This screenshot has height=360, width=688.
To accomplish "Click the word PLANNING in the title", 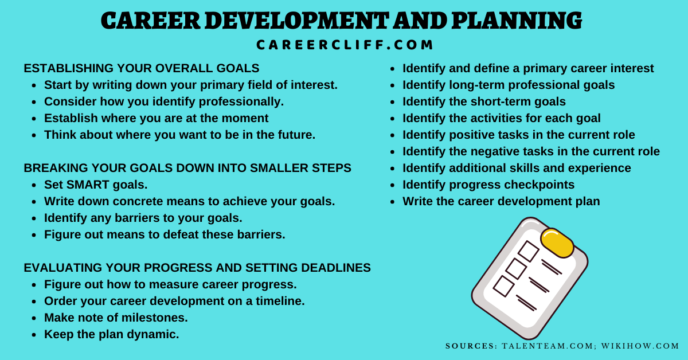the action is (x=517, y=21).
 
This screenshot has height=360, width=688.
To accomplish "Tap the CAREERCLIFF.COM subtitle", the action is (x=345, y=45).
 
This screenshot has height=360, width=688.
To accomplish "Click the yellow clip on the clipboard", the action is (x=557, y=243).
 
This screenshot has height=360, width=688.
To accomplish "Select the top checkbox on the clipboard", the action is (x=528, y=251).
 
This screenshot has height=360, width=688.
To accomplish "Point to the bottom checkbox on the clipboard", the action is (x=504, y=286).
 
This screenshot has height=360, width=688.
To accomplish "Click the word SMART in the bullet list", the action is (x=88, y=185).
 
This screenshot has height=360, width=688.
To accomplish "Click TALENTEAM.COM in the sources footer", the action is (x=548, y=346).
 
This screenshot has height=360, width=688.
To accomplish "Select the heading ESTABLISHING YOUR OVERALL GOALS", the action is (x=142, y=68).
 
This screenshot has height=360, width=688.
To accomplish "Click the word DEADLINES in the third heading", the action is (x=336, y=268).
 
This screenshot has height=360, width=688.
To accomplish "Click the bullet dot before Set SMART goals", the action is (x=34, y=185).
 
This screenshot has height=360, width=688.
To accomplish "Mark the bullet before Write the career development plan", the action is (x=392, y=202).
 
